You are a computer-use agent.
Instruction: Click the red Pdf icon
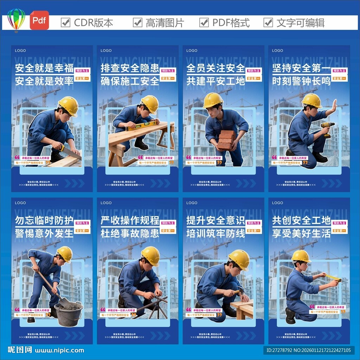tap(39, 20)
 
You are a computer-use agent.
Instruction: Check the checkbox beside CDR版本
tap(65, 22)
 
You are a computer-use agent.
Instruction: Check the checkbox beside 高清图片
tap(137, 22)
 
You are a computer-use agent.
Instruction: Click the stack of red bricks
tap(226, 140)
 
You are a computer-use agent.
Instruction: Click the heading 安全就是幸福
tap(44, 68)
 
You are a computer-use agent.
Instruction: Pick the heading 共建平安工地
tap(216, 81)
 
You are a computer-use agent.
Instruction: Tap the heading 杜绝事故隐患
tap(130, 233)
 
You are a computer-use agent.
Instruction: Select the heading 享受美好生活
tap(301, 233)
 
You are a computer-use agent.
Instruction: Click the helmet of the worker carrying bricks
tap(213, 100)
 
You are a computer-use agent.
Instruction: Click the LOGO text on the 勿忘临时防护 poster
tap(20, 203)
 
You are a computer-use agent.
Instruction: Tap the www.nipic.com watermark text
tap(59, 350)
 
